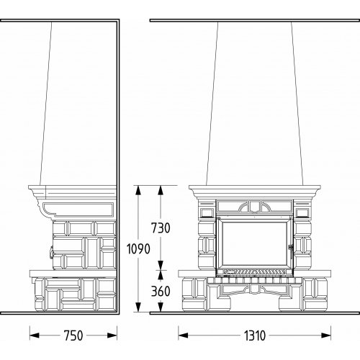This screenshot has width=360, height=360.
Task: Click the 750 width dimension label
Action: [x=73, y=336]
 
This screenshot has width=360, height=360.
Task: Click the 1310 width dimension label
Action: [x=255, y=336]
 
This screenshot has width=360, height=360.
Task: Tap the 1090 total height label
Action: [x=138, y=248]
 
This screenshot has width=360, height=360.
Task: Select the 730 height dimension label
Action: [x=161, y=228]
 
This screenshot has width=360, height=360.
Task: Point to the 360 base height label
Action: [x=161, y=291]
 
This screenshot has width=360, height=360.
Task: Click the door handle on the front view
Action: [x=291, y=250]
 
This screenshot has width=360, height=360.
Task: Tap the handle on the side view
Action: [x=51, y=253]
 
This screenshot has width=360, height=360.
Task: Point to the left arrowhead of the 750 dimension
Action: [x=35, y=336]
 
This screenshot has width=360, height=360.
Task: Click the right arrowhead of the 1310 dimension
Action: [x=326, y=336]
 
